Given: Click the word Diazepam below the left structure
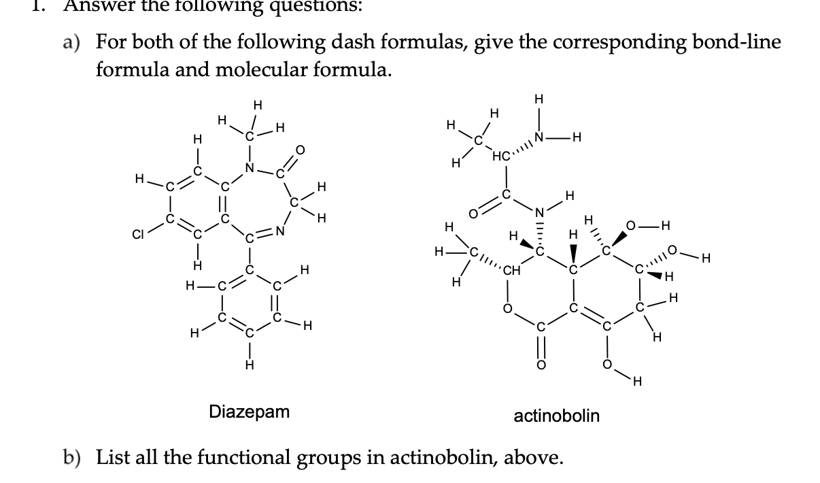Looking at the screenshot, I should click(x=249, y=412).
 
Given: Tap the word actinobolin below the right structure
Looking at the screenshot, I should click(x=557, y=415).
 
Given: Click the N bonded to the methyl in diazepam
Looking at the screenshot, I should click(x=250, y=168).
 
